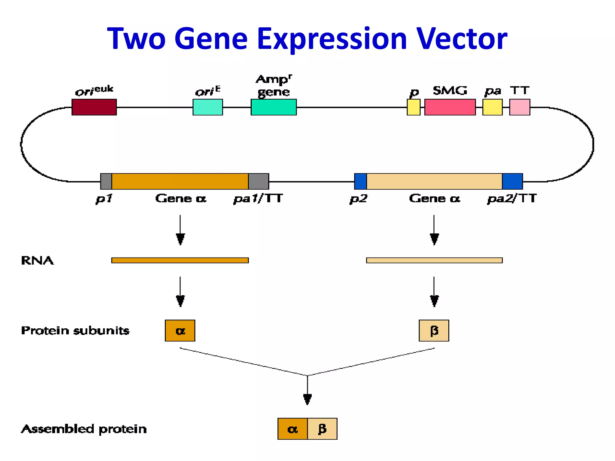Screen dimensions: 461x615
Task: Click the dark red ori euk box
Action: tap(94, 107)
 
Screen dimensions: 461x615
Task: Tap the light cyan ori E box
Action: tap(208, 107)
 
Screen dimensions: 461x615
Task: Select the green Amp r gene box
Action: tap(274, 107)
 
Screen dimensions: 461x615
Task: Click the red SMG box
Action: tap(450, 107)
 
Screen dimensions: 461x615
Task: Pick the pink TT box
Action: tap(520, 107)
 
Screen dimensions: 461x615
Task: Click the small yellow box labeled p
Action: tap(414, 107)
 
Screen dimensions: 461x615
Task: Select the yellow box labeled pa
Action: tap(492, 107)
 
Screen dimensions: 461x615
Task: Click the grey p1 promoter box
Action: tap(106, 181)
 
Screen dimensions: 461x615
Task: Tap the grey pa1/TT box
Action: tap(258, 181)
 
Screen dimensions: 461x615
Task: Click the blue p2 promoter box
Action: tap(360, 181)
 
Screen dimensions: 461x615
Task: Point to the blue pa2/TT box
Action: tap(512, 181)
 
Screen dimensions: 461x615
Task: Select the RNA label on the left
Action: tap(37, 261)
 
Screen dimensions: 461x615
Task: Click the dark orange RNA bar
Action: tap(180, 260)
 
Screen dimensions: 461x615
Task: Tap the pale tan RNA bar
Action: tap(434, 260)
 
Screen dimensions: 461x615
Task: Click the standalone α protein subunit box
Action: tap(180, 330)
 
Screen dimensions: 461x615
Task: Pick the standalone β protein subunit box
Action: tap(434, 330)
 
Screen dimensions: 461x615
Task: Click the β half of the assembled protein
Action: tap(322, 429)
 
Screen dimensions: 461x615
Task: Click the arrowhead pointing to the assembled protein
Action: tap(307, 399)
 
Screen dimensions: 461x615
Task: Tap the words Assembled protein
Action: tap(84, 429)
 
